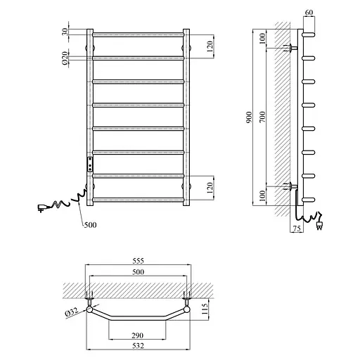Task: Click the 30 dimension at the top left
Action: click(x=65, y=32)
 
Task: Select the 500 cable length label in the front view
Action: click(x=91, y=225)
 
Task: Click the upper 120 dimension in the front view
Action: click(x=209, y=46)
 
